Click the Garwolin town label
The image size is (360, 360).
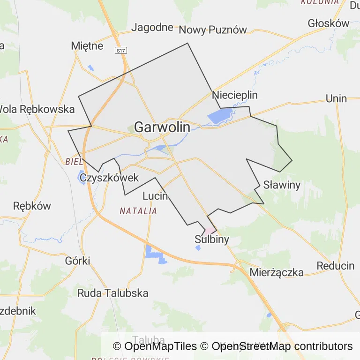162,127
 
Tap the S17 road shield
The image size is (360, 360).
121,50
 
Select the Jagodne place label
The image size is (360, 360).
152,27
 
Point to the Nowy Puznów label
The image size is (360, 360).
213,30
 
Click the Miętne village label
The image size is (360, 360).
87,45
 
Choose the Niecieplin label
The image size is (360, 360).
235,95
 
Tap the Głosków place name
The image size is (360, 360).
329,23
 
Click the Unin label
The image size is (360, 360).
336,98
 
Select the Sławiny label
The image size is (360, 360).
281,185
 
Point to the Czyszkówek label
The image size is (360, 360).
109,178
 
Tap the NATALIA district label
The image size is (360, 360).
138,211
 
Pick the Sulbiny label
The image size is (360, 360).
212,240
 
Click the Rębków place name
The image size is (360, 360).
32,206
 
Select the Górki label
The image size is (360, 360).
78,261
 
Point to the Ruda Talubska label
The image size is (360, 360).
112,293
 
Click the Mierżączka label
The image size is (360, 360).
277,272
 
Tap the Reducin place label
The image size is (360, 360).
336,266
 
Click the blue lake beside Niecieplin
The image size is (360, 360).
219,116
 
